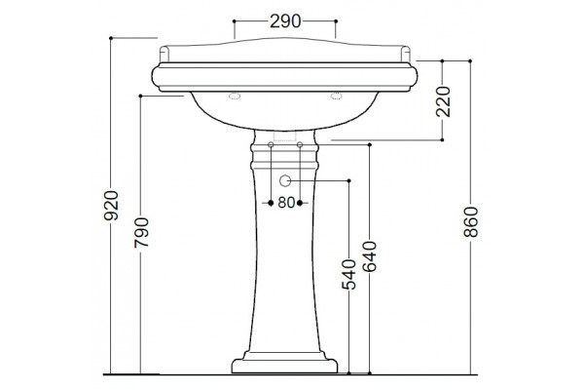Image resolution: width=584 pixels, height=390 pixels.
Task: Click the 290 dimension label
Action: click(x=285, y=21)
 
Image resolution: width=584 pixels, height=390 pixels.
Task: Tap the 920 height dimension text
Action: click(x=111, y=206)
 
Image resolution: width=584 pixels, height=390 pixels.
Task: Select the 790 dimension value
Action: click(x=141, y=232)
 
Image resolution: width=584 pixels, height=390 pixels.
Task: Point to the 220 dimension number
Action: click(x=443, y=101)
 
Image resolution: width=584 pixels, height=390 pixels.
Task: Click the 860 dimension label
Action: click(x=471, y=222)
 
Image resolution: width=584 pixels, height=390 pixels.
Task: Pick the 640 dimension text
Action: click(x=370, y=256)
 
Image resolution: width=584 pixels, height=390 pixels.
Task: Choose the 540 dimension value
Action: click(x=349, y=275)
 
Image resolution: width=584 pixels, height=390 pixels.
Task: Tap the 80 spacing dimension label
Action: click(x=286, y=203)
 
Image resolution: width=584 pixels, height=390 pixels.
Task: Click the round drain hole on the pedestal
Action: click(x=285, y=180)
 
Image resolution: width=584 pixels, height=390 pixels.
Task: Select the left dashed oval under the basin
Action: click(x=235, y=97)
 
